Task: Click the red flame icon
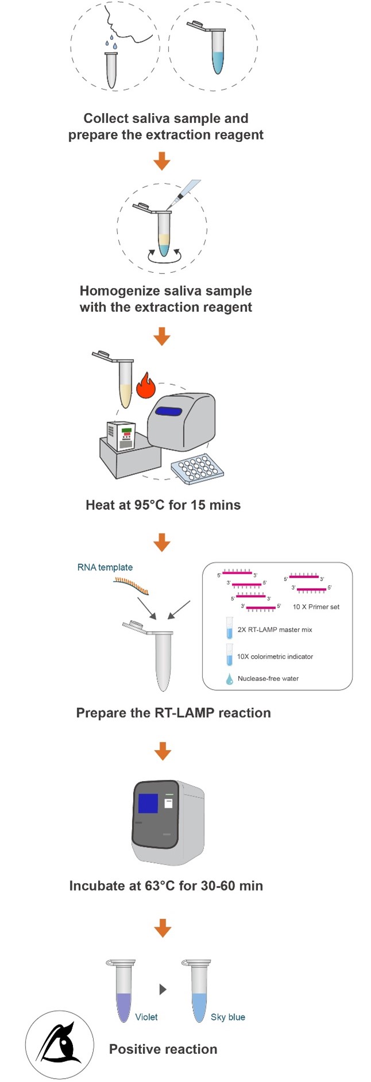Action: pos(146,385)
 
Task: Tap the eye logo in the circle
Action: pos(59,1044)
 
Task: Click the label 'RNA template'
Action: pos(105,567)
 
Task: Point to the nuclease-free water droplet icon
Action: pos(230,679)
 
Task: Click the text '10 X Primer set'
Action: pos(316,607)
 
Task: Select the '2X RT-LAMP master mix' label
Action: pos(275,630)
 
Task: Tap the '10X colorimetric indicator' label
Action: pos(275,656)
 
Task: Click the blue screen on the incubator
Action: pos(148,803)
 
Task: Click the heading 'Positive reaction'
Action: pos(163,1049)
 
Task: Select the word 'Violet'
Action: pos(146,1017)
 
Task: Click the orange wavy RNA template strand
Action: pos(132,586)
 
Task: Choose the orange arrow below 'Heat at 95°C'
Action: pos(162,542)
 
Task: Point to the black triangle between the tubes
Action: pos(163,990)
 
